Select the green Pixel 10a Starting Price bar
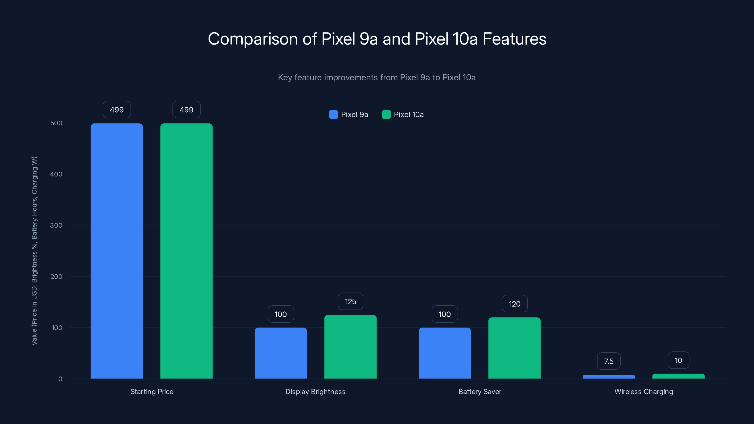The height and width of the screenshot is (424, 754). click(x=186, y=251)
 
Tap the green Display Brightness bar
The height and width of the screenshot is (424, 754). click(x=350, y=347)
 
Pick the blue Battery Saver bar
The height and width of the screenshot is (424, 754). click(x=445, y=353)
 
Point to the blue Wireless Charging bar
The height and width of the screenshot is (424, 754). click(x=609, y=377)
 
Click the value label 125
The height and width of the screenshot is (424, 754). click(x=350, y=302)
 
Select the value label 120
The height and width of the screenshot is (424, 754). click(x=515, y=304)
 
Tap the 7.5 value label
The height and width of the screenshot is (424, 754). click(x=609, y=361)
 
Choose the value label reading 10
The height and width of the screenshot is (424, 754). click(x=679, y=360)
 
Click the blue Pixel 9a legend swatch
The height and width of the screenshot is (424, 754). click(x=333, y=114)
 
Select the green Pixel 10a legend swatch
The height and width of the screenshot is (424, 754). click(x=386, y=114)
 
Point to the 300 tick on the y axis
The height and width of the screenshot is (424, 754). click(x=56, y=225)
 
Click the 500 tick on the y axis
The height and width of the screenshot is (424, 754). click(x=56, y=123)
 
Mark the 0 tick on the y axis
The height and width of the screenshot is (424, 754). click(x=60, y=379)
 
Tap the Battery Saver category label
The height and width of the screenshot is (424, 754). click(x=480, y=391)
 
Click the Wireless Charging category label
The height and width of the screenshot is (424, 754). click(x=644, y=391)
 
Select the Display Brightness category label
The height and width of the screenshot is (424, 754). click(x=315, y=391)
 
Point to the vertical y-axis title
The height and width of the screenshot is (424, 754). click(x=34, y=251)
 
